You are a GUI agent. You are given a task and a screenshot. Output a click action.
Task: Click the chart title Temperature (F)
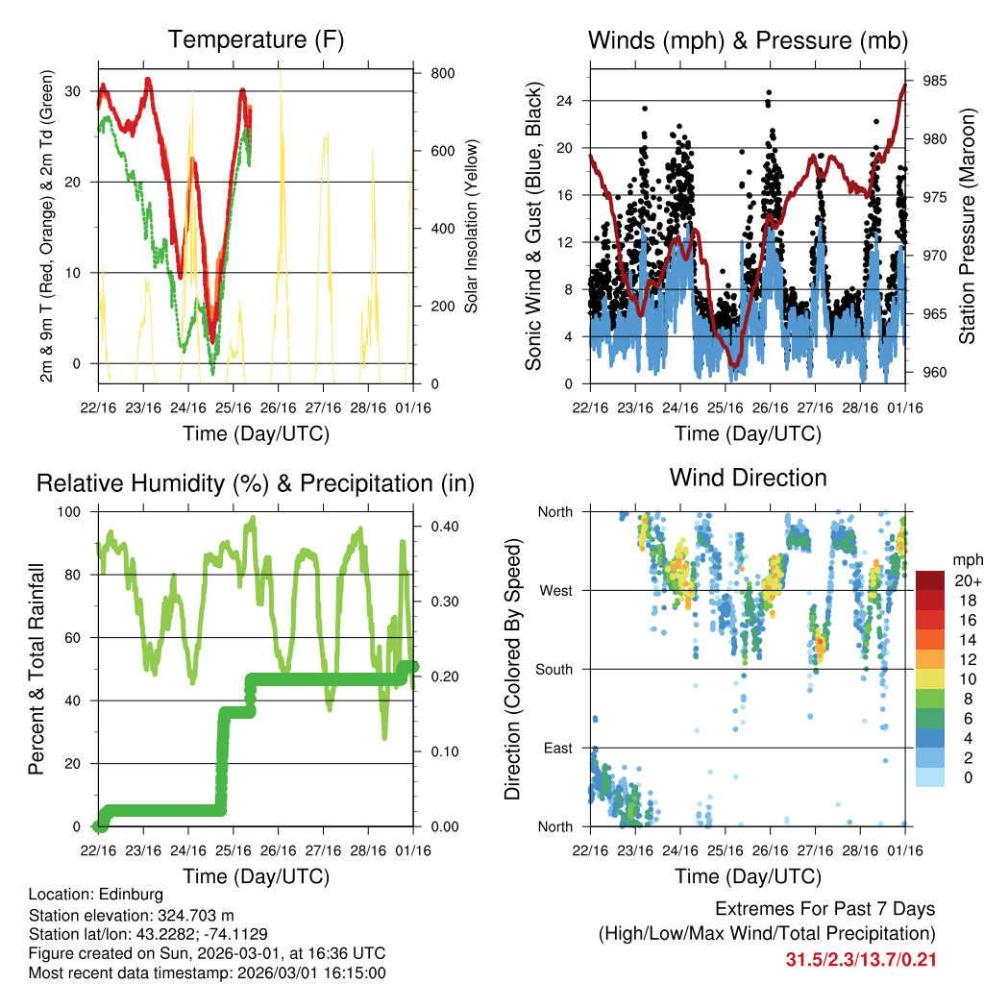(x=256, y=40)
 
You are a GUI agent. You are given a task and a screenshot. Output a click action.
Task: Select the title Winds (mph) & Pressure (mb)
(x=748, y=40)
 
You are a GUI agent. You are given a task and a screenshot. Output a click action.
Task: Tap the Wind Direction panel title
(x=748, y=478)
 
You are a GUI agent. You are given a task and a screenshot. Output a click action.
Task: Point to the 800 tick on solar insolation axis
(x=443, y=74)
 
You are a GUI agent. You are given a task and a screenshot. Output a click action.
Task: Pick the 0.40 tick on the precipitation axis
(x=443, y=527)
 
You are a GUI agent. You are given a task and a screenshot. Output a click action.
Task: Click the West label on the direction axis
(x=554, y=591)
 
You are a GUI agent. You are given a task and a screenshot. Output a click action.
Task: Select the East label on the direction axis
(x=556, y=748)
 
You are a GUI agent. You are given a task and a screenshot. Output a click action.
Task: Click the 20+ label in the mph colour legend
(x=966, y=580)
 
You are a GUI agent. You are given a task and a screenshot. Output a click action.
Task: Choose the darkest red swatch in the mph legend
(x=929, y=580)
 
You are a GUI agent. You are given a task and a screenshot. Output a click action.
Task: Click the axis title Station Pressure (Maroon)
(x=967, y=226)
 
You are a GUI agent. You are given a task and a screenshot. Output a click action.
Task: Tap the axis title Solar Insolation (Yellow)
(x=472, y=226)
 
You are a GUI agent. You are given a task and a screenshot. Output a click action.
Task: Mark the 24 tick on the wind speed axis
(x=565, y=100)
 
